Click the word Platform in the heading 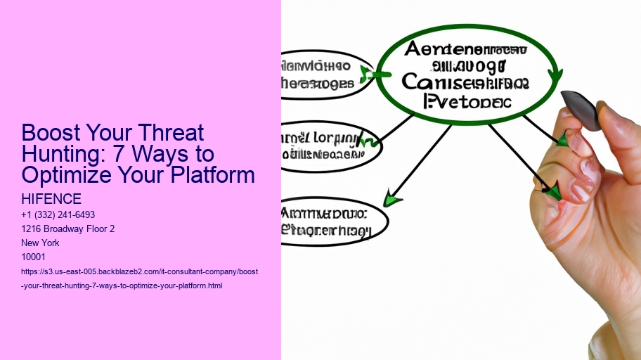click(210, 175)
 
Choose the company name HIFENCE click(51, 200)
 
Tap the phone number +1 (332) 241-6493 click(58, 214)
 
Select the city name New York click(41, 243)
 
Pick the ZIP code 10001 click(34, 257)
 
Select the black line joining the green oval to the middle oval click(398, 129)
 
